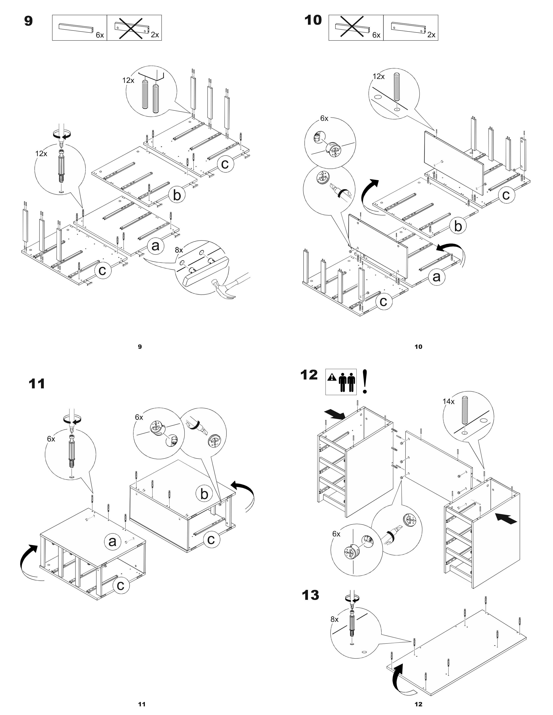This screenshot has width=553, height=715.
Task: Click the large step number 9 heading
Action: point(28,21)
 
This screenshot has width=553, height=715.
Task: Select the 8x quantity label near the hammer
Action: point(179,250)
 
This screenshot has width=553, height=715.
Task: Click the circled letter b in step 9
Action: point(177,195)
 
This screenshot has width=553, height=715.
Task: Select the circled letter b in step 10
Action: point(458,226)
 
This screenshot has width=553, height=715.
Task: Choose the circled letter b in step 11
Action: point(204,494)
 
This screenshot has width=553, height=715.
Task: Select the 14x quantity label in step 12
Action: point(448,401)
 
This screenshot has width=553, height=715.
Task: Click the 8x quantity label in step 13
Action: point(334,619)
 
